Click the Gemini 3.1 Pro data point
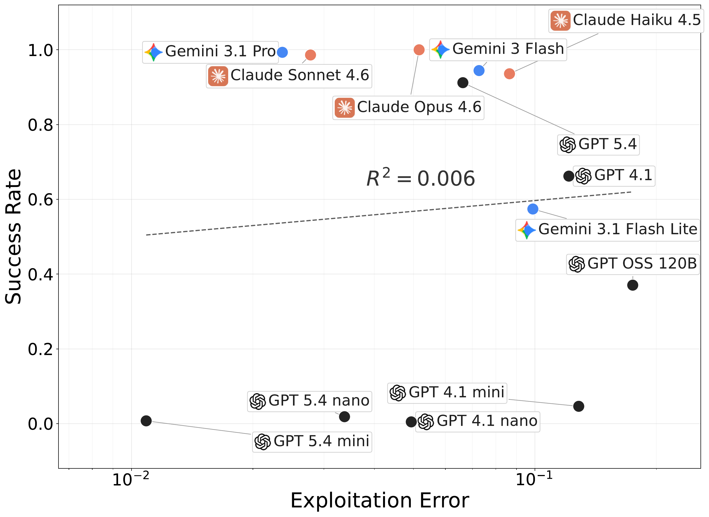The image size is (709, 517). [282, 52]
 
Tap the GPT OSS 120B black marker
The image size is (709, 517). [633, 285]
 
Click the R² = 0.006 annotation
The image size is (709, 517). [420, 178]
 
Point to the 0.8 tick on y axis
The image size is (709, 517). [40, 125]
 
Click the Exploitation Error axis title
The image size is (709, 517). [379, 501]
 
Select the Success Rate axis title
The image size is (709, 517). [13, 237]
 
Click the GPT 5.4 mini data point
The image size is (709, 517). [146, 421]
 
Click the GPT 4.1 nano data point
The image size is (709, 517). [411, 422]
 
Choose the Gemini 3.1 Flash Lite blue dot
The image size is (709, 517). [533, 209]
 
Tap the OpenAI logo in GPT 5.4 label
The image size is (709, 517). [568, 145]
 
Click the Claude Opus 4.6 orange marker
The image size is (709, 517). [419, 50]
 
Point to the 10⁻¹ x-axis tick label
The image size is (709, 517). [534, 479]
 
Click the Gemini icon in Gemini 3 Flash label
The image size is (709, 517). [440, 50]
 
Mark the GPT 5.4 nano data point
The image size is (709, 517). [344, 417]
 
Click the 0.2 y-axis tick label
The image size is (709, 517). [40, 350]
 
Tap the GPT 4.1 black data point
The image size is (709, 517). [569, 176]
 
